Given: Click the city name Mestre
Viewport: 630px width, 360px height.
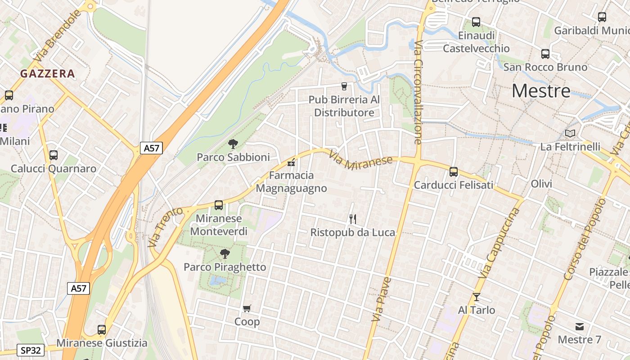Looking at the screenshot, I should point(541,91).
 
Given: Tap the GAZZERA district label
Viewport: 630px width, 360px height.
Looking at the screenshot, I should point(47,74).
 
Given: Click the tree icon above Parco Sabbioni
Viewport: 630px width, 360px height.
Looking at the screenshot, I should point(233,144).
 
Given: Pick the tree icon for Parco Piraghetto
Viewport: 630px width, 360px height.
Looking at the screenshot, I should point(225,254).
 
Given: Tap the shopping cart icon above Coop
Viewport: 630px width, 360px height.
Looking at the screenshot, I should point(247,309).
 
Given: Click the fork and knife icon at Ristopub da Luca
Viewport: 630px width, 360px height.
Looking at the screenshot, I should point(353,219).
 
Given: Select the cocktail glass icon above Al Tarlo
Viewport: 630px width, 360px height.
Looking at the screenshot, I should point(477,297).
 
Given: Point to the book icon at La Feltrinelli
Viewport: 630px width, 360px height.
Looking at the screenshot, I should point(570,133).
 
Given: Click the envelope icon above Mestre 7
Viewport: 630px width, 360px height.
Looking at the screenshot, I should point(579,326).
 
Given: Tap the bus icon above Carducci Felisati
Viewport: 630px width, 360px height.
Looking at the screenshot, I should point(454,171).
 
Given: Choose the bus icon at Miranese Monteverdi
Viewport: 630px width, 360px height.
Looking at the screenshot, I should point(219,205).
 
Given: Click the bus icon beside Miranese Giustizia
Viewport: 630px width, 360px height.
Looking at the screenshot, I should point(102,330).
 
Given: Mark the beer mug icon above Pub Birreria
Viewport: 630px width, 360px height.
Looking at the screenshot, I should point(344,86).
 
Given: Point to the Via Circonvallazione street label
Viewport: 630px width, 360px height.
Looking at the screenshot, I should point(418,92).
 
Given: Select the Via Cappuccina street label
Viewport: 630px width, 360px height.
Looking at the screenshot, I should point(500,243).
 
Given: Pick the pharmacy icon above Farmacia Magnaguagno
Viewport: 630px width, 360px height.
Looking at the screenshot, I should point(291,162).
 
